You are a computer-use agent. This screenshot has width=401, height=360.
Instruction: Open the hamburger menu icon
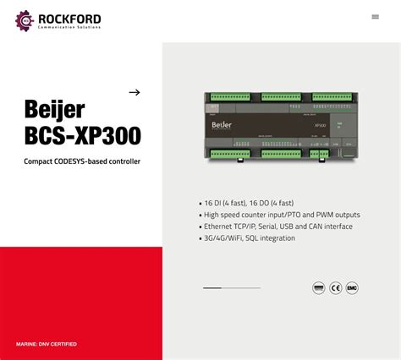coord(375,17)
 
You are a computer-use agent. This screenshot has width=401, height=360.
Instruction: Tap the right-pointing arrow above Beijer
coord(134,92)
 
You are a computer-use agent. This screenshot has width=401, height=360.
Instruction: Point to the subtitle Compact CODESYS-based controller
coord(82,161)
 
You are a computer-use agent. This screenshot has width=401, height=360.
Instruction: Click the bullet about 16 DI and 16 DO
coord(249,203)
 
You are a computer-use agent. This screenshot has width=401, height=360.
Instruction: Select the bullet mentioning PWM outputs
coord(282,215)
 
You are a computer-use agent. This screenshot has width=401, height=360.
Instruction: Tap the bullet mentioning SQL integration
coord(250,238)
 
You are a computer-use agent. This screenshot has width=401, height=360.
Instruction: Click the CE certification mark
coord(336,288)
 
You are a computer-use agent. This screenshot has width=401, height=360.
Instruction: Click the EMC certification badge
coord(353,288)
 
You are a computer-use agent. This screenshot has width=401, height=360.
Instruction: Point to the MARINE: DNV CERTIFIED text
coord(47,344)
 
